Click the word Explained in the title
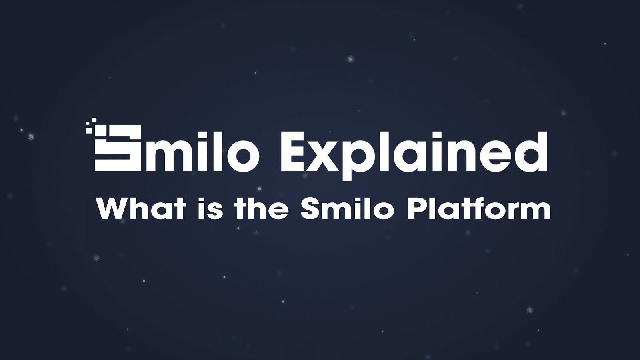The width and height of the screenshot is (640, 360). coord(414,156)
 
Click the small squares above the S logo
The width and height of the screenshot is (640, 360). coord(92,126)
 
